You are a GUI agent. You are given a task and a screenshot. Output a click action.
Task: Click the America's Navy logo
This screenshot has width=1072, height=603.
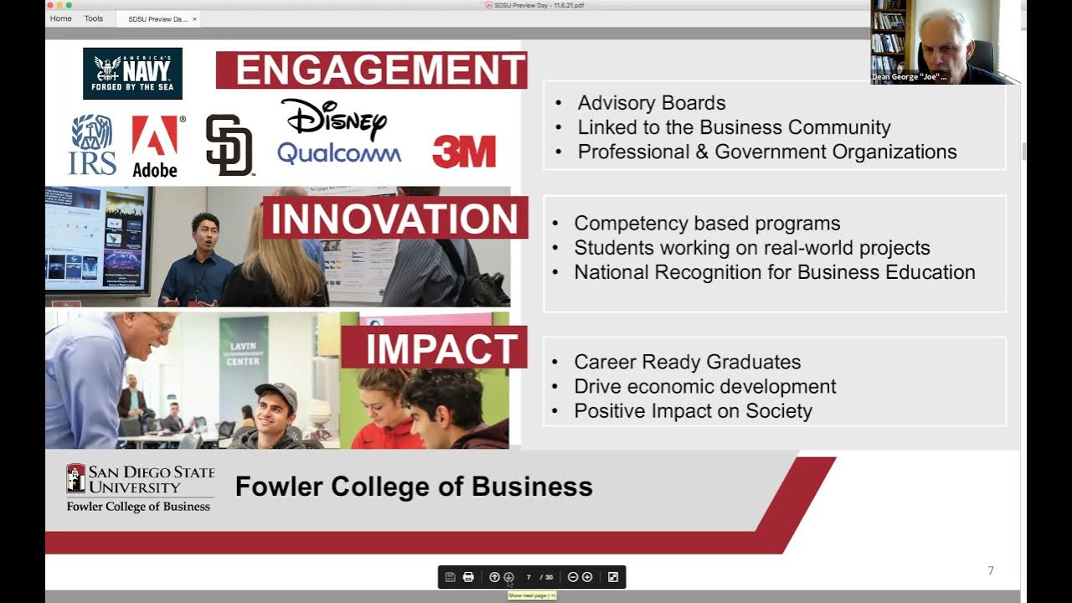(132, 74)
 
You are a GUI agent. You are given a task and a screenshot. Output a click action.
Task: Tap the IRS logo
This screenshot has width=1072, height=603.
(92, 145)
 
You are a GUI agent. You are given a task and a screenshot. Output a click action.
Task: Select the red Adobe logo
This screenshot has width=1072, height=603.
(155, 146)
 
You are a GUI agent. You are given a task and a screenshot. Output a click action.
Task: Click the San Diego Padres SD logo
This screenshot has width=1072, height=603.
(229, 145)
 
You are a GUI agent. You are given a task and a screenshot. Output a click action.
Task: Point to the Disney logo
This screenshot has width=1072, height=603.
(333, 119)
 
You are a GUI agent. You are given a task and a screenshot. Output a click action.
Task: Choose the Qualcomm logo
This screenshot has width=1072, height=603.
(339, 153)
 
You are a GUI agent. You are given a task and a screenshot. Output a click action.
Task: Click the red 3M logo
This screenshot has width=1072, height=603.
(464, 152)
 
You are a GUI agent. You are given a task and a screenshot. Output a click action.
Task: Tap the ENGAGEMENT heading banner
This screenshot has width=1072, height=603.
(372, 70)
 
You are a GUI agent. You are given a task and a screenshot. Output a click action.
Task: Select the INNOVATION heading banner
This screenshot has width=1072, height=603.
(394, 219)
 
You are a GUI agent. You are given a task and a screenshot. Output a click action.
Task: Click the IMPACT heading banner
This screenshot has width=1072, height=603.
(434, 348)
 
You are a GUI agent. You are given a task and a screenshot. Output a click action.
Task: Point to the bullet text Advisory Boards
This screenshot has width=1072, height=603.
(651, 103)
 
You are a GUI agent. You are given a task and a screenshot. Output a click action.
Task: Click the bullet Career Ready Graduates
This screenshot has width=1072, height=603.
(687, 362)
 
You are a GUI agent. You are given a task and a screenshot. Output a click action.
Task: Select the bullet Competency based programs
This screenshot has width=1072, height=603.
(707, 224)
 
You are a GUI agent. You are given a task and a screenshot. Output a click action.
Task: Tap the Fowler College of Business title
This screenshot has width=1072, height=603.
(414, 487)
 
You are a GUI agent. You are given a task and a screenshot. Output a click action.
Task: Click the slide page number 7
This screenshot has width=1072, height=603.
(991, 571)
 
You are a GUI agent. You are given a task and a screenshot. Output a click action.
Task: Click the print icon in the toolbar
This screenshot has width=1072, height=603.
(468, 577)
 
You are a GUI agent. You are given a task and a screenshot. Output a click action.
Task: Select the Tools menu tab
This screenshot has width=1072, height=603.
(94, 18)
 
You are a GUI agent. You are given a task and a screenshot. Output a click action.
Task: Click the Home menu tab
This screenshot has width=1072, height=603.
(61, 18)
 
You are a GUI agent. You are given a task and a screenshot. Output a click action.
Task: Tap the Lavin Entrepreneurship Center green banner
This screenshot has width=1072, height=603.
(244, 353)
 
